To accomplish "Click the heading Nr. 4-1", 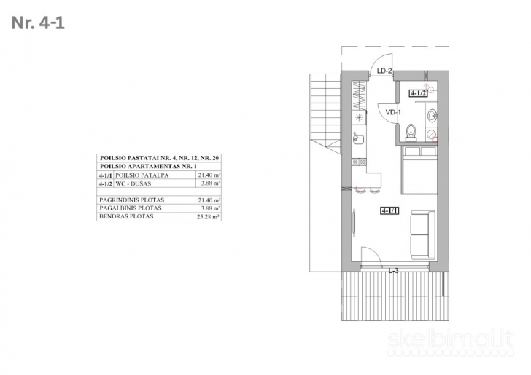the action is tap(38, 23).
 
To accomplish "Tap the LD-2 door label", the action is tap(384, 71).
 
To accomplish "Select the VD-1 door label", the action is tap(393, 112).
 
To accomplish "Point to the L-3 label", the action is tap(394, 271).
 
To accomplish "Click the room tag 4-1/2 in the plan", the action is tap(418, 93).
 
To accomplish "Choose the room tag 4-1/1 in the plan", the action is tap(390, 211).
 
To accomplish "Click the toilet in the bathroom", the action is tap(411, 133).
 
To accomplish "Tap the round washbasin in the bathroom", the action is tap(432, 116).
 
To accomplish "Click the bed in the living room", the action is tap(419, 170).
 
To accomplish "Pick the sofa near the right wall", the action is tap(423, 235).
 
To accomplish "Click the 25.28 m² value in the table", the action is tap(209, 217).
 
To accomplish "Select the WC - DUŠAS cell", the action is tap(133, 183).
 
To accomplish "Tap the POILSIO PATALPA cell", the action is tap(142, 175).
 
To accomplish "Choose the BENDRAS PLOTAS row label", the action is tap(126, 216).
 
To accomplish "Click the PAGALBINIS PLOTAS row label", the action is tap(131, 208).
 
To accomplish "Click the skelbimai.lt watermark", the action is tap(451, 339).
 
